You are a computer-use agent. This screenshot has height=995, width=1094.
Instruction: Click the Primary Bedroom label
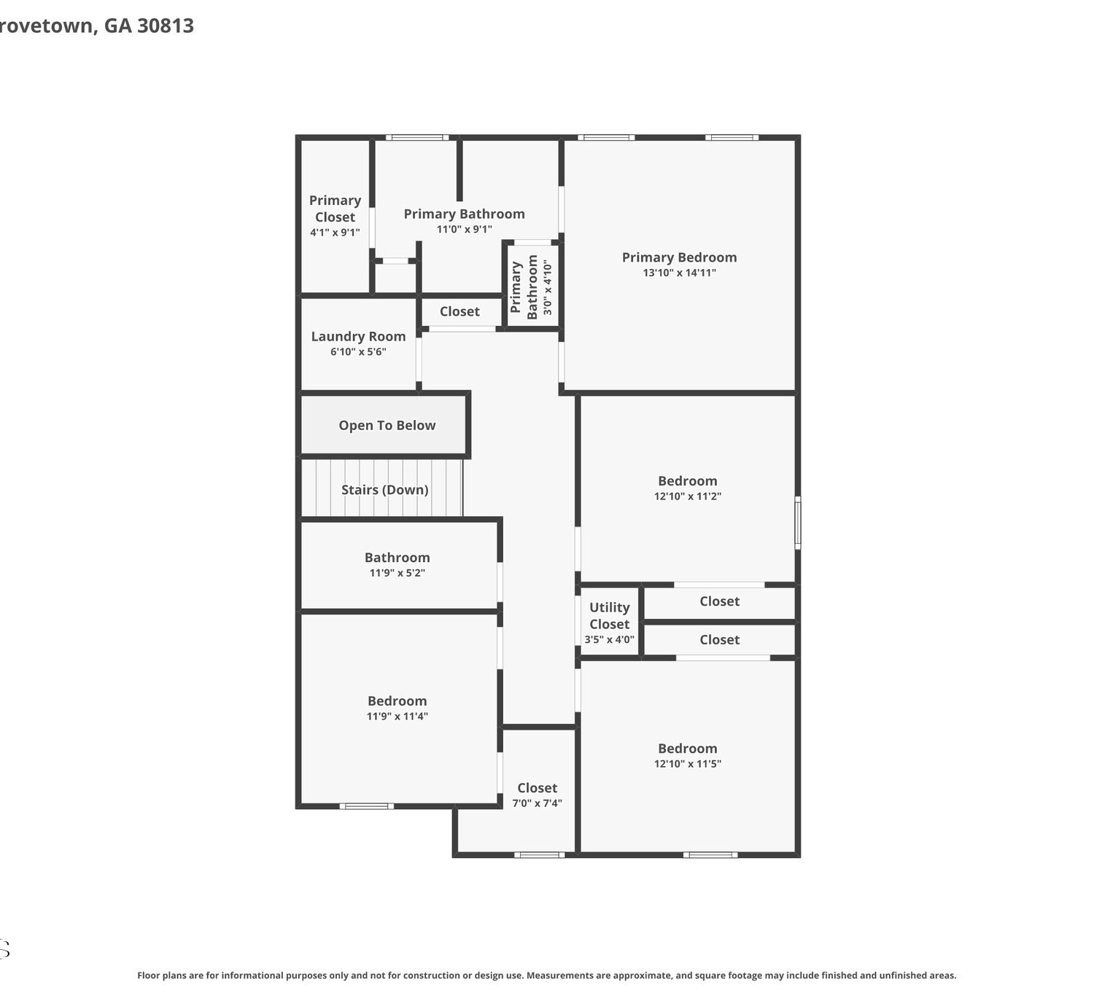(x=679, y=257)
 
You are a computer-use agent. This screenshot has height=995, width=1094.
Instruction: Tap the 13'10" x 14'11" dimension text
(x=679, y=273)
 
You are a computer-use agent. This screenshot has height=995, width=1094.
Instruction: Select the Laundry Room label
(x=358, y=336)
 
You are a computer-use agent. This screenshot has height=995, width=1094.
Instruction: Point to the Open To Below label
(x=387, y=425)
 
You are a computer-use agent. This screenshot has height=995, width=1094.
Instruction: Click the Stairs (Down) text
(x=384, y=490)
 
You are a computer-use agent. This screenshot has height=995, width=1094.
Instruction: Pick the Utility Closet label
(x=609, y=615)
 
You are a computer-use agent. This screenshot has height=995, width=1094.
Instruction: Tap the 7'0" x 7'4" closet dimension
(x=538, y=803)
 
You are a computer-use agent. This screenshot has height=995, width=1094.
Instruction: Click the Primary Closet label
(x=335, y=208)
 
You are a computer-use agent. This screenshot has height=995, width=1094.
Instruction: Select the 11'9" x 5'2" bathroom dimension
(x=397, y=572)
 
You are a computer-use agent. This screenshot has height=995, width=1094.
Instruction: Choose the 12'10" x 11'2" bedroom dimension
(x=687, y=496)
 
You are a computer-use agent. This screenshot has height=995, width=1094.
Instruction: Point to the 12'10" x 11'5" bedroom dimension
(x=687, y=764)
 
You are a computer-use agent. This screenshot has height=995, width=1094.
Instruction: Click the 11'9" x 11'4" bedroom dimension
(x=397, y=716)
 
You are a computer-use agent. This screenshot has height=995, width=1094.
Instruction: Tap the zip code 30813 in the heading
(x=166, y=26)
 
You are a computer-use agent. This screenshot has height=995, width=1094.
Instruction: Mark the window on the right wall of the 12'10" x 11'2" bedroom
(x=797, y=523)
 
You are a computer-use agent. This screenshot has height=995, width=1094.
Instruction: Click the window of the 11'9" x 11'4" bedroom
(x=366, y=806)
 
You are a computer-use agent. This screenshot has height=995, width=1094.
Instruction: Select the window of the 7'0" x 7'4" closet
(x=539, y=855)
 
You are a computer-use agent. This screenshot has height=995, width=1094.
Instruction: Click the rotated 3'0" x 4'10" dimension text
(x=548, y=287)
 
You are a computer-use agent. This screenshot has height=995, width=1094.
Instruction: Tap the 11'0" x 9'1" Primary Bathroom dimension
(x=464, y=229)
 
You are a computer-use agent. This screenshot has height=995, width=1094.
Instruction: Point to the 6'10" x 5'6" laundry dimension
(x=358, y=351)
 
